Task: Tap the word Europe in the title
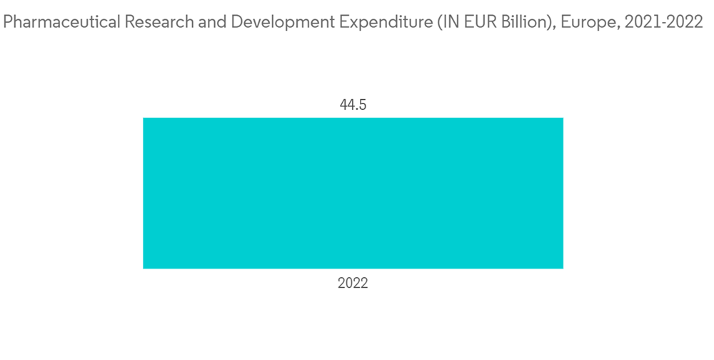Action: (578, 23)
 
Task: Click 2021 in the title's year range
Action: (639, 23)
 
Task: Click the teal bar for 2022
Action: (353, 193)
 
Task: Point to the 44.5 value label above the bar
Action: (353, 105)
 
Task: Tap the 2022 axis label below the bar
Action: (353, 284)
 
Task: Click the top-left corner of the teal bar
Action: (144, 118)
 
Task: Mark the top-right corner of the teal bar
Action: (563, 118)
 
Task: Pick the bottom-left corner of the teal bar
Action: (144, 269)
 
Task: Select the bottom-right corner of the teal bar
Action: (563, 269)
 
